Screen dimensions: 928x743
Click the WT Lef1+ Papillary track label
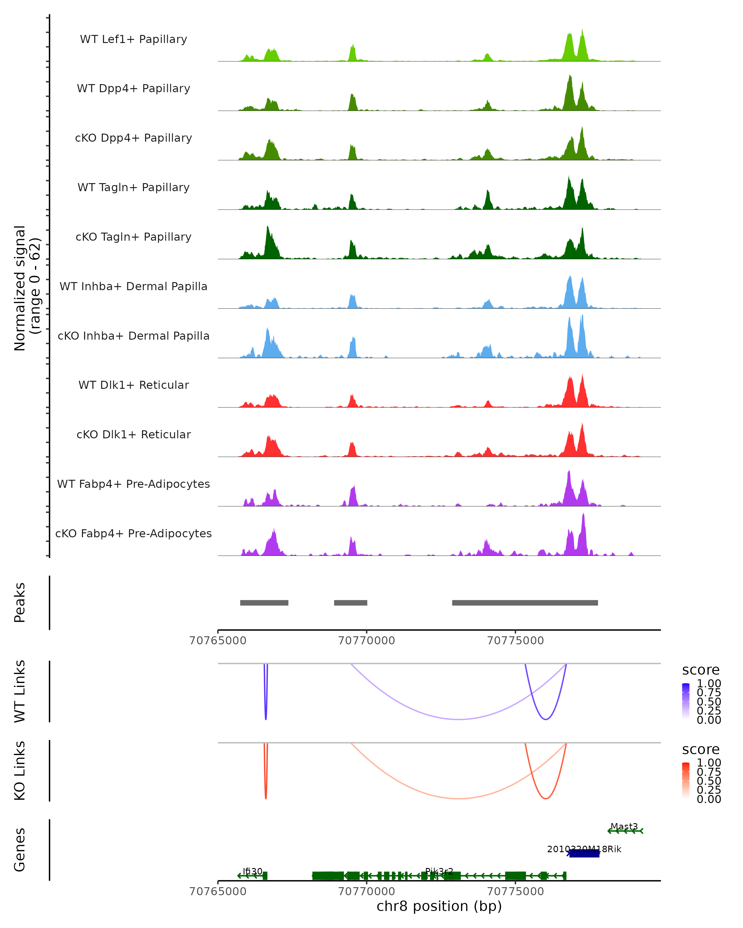point(133,39)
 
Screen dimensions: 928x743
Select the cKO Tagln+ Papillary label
point(133,237)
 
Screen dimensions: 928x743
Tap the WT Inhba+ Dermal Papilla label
point(133,286)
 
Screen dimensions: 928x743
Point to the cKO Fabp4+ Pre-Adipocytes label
point(133,533)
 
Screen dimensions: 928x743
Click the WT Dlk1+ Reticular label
point(133,385)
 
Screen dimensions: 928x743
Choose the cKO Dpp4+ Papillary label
point(133,138)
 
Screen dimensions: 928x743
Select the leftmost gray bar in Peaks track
point(264,603)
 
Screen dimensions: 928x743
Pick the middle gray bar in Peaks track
point(351,603)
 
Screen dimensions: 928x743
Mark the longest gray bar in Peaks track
point(525,603)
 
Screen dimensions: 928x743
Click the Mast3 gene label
point(624,827)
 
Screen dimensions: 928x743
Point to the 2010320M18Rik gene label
point(584,849)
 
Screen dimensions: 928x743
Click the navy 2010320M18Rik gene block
point(584,853)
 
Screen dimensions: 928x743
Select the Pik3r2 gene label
point(439,871)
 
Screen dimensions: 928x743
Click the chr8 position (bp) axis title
point(439,906)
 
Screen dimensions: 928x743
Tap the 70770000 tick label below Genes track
point(367,891)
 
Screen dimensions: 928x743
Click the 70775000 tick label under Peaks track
point(515,641)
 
